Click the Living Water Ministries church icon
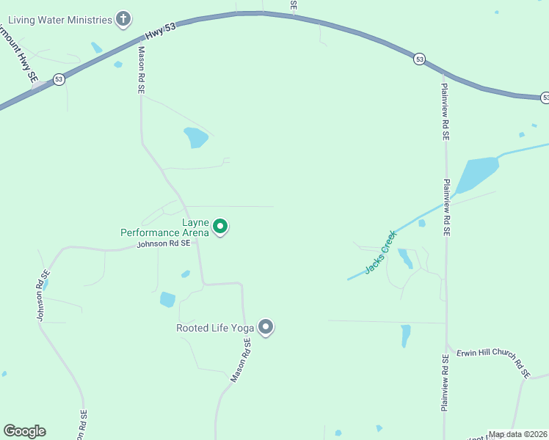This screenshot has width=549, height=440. [124, 20]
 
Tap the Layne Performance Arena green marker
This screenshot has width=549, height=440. [219, 227]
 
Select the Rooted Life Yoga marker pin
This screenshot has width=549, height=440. [266, 327]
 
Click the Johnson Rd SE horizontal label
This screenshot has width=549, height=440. [164, 243]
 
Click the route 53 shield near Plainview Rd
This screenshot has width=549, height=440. [419, 59]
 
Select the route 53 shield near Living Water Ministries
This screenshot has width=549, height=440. [59, 79]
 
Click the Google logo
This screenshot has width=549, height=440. [24, 431]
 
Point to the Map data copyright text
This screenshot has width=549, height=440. [517, 434]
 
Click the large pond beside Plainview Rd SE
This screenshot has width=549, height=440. [477, 174]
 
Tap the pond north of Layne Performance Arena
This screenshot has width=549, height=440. [196, 136]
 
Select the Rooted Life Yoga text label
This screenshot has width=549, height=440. [215, 328]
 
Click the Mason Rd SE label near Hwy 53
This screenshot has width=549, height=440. [142, 70]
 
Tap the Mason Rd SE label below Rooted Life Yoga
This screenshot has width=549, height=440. [241, 360]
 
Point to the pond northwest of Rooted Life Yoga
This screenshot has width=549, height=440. [167, 299]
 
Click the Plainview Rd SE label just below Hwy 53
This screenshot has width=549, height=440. [445, 111]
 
